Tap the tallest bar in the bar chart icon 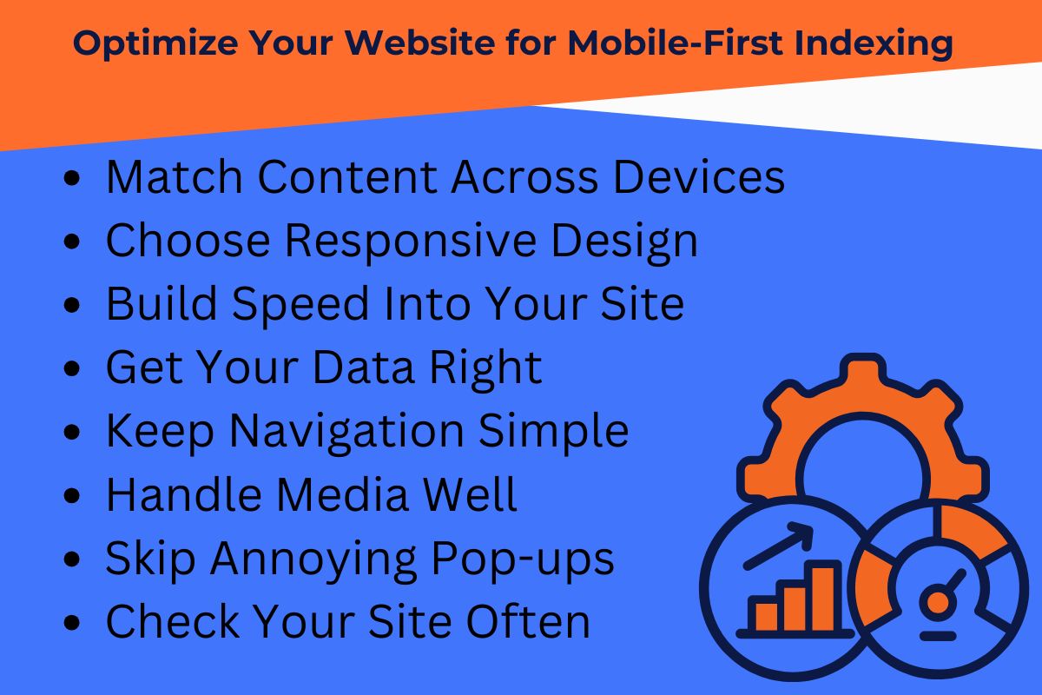point(824,598)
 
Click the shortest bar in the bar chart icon point(766,615)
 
